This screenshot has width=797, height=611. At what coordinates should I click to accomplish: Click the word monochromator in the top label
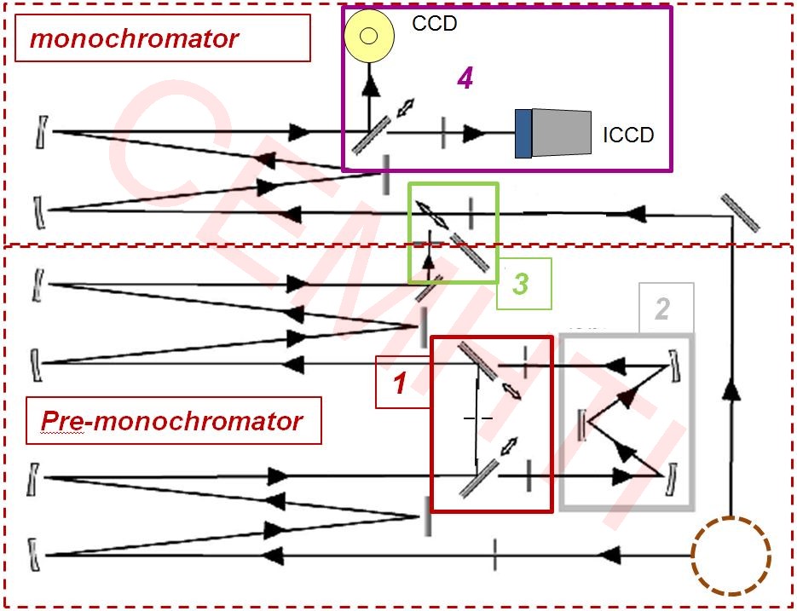point(134,38)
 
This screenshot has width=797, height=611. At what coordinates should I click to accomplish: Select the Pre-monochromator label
point(172,421)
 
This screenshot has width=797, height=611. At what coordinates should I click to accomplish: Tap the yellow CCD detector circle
point(369,36)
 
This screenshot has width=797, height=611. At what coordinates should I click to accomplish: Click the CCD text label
point(435,23)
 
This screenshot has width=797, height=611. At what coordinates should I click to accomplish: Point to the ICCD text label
point(628,135)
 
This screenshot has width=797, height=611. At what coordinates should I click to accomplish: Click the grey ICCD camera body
point(563,132)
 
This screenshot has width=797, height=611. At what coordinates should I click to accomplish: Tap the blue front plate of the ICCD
point(523,133)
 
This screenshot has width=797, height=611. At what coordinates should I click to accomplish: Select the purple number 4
point(465,78)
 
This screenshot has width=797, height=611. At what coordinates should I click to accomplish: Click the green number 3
point(520,283)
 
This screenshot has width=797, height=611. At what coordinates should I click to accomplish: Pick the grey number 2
point(662,308)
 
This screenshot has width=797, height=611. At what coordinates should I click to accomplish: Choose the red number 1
point(399,384)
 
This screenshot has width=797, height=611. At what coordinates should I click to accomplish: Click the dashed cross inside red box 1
point(477,418)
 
